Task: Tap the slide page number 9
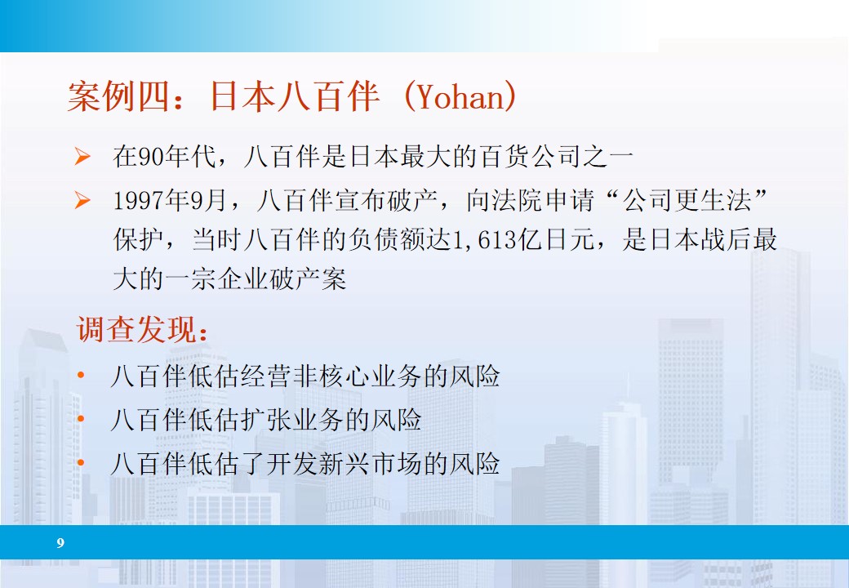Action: tap(60, 543)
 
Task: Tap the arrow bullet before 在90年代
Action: tap(82, 157)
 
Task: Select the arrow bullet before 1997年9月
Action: tap(82, 201)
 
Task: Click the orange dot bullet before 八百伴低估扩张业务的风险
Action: tap(81, 420)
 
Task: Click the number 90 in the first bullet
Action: tap(149, 157)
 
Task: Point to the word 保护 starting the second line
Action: tap(131, 240)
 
